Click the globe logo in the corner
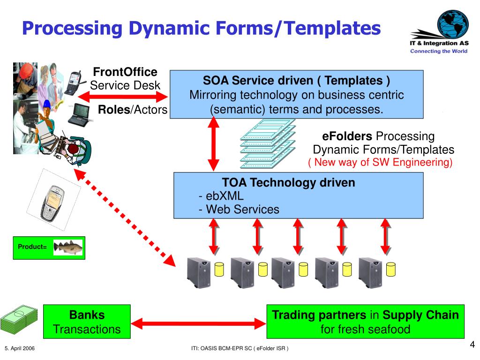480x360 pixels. [x=453, y=24]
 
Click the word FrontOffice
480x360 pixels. [x=125, y=72]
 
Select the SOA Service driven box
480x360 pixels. [x=296, y=94]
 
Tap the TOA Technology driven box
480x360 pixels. [x=299, y=195]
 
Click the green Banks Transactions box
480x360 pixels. [x=87, y=322]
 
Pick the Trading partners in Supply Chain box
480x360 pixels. [x=366, y=322]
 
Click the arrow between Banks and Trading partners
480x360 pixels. [x=199, y=323]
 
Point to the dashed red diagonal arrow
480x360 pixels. [x=125, y=217]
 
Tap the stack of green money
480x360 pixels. [x=19, y=319]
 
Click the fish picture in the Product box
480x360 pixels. [x=68, y=247]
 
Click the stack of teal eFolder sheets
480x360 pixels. [x=268, y=144]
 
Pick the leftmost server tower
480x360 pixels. [x=199, y=273]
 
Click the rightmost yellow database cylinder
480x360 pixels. [x=391, y=270]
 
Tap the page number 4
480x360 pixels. [x=472, y=345]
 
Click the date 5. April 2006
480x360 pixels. [x=20, y=348]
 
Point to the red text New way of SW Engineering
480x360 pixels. [x=380, y=162]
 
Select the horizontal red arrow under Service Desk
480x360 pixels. [x=123, y=97]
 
